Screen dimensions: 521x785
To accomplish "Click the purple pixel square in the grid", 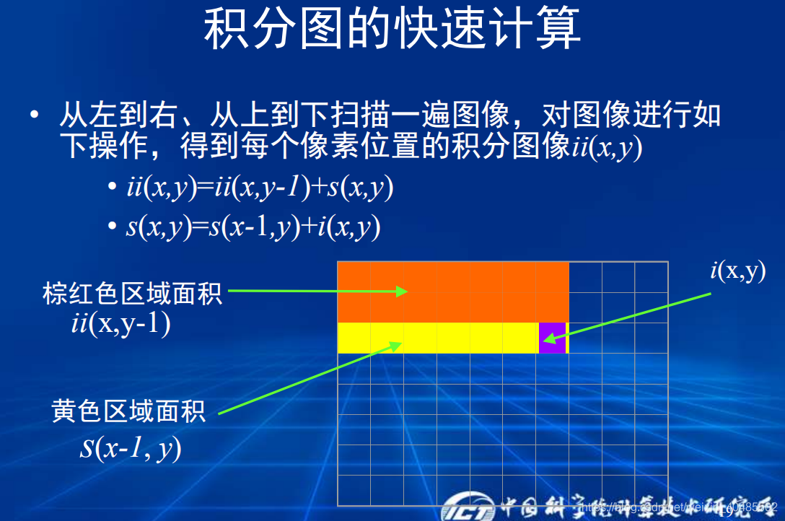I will pos(552,338).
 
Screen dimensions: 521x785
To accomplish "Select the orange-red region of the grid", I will pos(453,292).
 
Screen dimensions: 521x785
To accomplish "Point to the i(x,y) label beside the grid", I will pos(737,271).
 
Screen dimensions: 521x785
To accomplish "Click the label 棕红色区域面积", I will pos(132,294).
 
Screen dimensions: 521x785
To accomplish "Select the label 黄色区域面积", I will pos(129,411).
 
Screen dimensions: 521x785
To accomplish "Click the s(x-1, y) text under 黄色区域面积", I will pos(131,447).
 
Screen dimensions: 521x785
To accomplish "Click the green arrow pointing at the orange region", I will pos(317,291).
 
